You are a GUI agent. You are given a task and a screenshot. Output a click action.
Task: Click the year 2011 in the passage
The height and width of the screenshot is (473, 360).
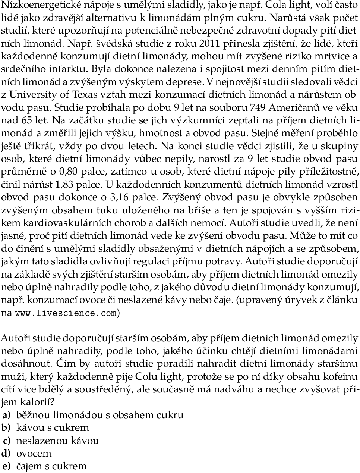click(x=210, y=44)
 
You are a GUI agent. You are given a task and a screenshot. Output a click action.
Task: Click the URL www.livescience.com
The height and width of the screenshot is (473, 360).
click(x=66, y=313)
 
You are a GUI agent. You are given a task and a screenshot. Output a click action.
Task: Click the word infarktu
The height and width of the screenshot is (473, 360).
click(x=70, y=69)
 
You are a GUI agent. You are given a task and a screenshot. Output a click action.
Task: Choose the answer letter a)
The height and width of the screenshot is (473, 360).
click(x=6, y=415)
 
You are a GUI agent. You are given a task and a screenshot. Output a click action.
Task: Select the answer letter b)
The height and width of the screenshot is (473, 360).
click(x=6, y=428)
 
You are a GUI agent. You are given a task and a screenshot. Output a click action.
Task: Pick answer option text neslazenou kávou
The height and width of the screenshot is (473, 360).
click(x=57, y=441)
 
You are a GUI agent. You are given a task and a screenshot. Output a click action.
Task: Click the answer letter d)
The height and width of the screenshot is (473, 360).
click(x=6, y=454)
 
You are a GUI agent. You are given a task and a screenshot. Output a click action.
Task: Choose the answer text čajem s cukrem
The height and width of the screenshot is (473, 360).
click(x=51, y=466)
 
